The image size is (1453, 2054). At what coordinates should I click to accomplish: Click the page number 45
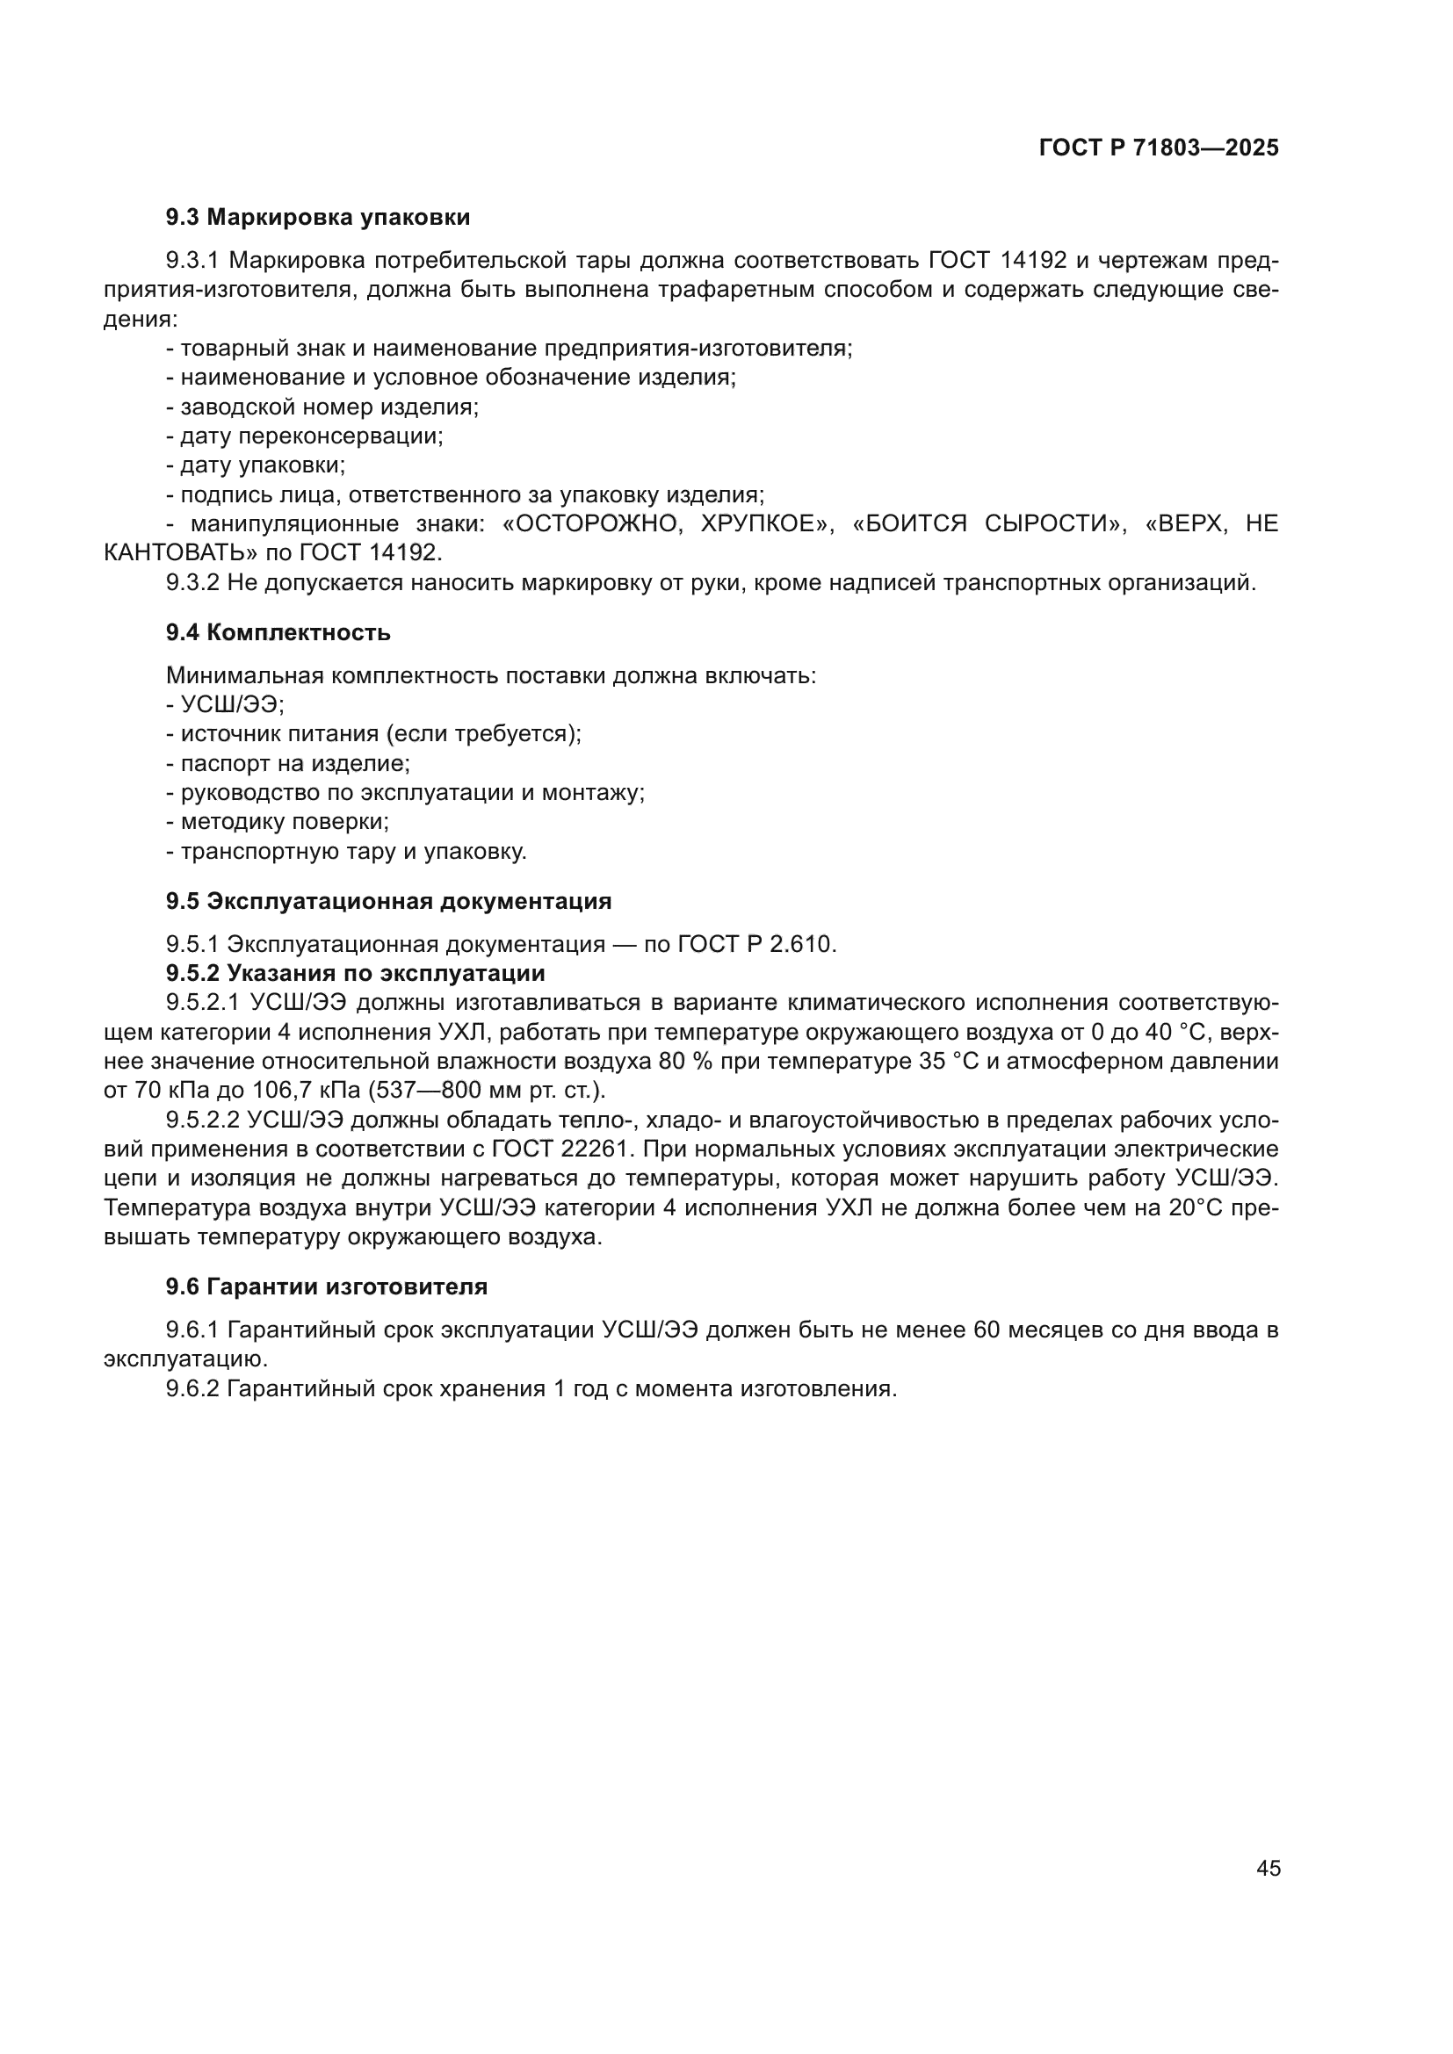click(1268, 1868)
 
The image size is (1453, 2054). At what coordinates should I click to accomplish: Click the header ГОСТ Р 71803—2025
click(1158, 148)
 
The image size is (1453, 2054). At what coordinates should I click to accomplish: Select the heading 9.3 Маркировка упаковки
click(318, 218)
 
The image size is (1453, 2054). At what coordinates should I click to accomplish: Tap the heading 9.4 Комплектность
click(278, 632)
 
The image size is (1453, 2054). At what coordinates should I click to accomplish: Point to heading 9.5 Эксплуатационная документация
click(388, 901)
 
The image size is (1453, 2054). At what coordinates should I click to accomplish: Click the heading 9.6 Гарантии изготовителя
click(327, 1286)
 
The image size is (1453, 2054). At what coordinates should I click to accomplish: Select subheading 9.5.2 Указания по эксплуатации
click(355, 972)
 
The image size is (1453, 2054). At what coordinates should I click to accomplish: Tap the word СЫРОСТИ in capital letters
click(1051, 523)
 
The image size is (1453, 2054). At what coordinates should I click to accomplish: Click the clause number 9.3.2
click(192, 582)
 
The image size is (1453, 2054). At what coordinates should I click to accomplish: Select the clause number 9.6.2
click(192, 1388)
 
